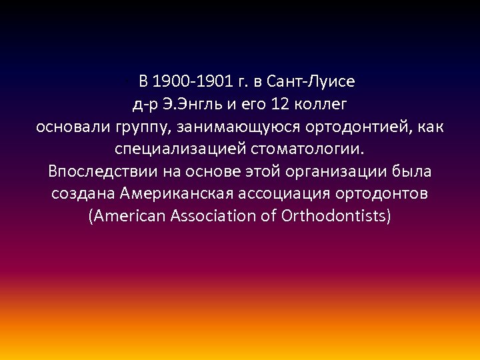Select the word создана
[84, 194]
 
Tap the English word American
[128, 216]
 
